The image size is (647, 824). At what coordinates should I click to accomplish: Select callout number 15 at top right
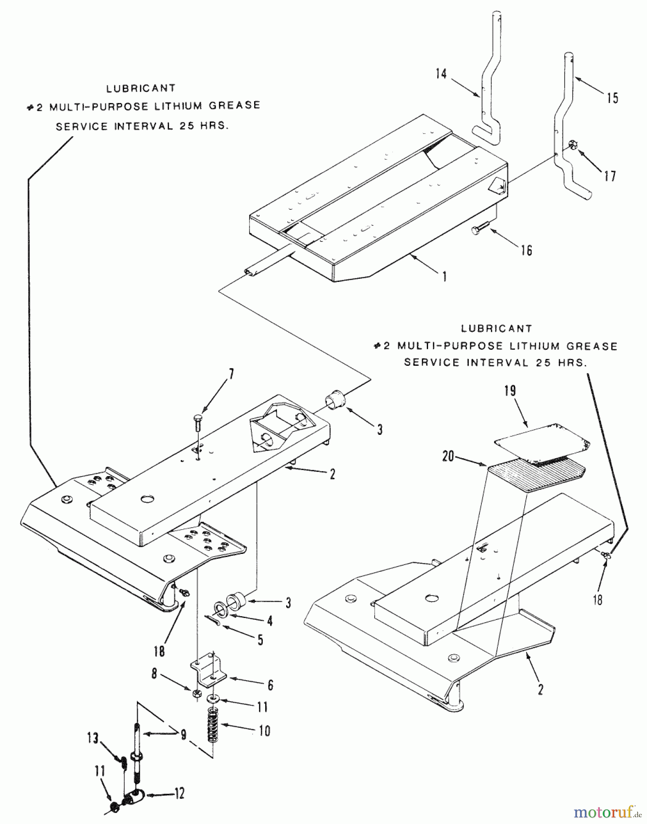point(612,98)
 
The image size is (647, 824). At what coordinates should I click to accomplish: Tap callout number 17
point(610,176)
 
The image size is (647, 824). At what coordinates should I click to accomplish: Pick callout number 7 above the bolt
point(231,374)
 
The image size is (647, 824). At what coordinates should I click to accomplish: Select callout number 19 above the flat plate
point(510,390)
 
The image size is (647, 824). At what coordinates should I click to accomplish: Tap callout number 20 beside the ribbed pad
point(448,456)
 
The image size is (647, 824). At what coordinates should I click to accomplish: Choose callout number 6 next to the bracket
point(270,685)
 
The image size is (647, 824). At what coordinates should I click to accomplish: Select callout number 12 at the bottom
point(179,793)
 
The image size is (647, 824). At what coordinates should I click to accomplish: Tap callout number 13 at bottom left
point(93,738)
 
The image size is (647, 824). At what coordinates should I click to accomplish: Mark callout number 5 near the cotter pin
point(260,640)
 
